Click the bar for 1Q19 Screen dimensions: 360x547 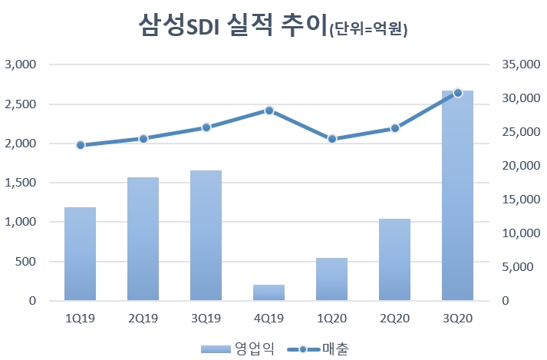[x=80, y=253]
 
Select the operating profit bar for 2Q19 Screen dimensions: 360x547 [x=143, y=239]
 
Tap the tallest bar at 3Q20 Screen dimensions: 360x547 [x=457, y=196]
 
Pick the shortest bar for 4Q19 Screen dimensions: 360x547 [x=269, y=292]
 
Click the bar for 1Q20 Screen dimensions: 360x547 [x=331, y=279]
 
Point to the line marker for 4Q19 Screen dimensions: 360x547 [x=269, y=111]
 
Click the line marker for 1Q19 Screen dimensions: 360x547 [x=80, y=144]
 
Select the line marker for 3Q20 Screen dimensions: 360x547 [x=457, y=93]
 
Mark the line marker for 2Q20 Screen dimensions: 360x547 [x=394, y=128]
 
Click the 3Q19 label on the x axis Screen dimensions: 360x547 [x=206, y=316]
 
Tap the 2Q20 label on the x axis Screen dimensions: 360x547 [x=394, y=316]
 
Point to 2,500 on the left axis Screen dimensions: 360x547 [x=21, y=104]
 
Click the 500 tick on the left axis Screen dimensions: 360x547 [x=26, y=262]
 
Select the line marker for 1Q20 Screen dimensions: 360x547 [x=331, y=138]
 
